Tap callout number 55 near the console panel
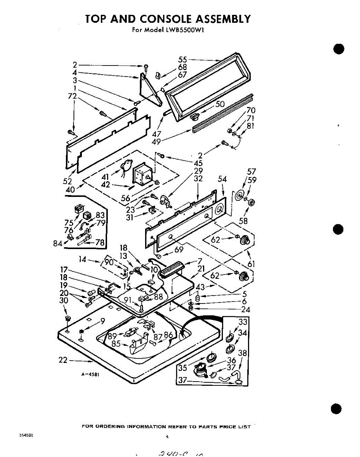pos(183,59)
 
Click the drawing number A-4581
pos(90,374)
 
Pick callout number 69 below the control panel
pos(179,249)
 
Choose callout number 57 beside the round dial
pos(251,171)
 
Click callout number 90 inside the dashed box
pos(109,262)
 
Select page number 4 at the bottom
pos(167,437)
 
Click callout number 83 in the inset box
pos(100,215)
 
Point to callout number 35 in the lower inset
pos(183,368)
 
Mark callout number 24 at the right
pos(246,309)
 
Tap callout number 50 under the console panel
pos(220,104)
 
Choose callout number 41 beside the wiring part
pos(106,177)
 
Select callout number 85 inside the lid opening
pos(116,344)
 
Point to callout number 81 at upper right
pos(250,126)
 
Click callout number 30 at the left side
pos(64,300)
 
